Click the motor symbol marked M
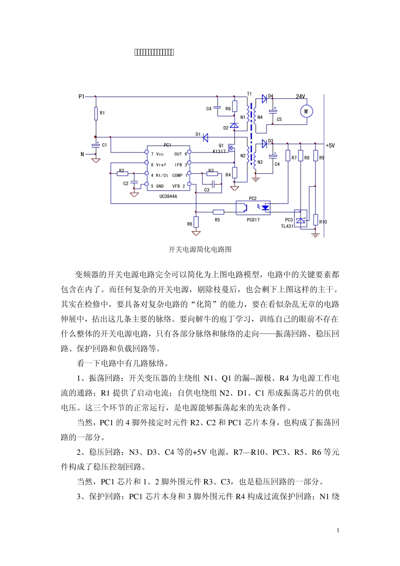(x=306, y=111)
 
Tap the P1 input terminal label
(x=81, y=96)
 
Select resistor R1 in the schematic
(x=96, y=113)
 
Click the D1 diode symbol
(x=205, y=137)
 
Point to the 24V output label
(x=300, y=96)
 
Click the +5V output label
(x=330, y=146)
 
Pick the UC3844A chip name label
(x=168, y=196)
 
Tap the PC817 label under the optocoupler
(x=253, y=220)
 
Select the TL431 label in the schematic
(x=287, y=226)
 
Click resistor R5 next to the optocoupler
(x=218, y=212)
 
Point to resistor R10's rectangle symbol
(x=315, y=219)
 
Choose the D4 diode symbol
(x=264, y=99)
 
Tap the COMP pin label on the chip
(x=177, y=176)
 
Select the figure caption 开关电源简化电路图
(x=200, y=249)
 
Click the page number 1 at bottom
(x=338, y=530)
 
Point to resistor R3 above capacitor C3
(x=212, y=174)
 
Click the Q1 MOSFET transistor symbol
(x=231, y=149)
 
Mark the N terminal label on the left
(x=83, y=155)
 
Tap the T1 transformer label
(x=249, y=94)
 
